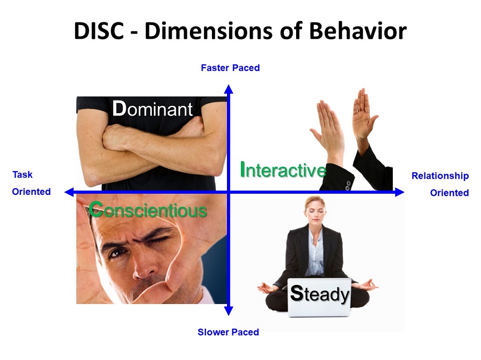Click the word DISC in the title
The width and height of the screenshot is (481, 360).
[x=99, y=31]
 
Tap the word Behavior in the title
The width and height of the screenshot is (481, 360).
[x=358, y=31]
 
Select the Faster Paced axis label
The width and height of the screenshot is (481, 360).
[x=230, y=68]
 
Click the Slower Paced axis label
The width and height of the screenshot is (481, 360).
[x=228, y=332]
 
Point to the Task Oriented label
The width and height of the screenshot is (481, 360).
[x=31, y=183]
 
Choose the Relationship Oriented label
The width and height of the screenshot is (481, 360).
[x=440, y=184]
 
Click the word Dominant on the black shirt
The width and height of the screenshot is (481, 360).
[x=152, y=109]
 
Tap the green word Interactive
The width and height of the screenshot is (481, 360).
[x=283, y=170]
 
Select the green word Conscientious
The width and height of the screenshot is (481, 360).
[x=148, y=210]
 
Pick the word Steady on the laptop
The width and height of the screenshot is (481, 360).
[x=320, y=293]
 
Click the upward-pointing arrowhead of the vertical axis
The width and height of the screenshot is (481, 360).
[x=228, y=89]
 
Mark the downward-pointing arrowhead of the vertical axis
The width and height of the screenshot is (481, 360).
[x=228, y=311]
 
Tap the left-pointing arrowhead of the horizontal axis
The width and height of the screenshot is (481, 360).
[x=69, y=192]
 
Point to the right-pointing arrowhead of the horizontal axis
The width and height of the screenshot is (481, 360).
[x=400, y=192]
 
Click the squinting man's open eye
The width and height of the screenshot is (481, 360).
[x=116, y=253]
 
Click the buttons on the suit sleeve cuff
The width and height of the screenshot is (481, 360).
[x=348, y=185]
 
